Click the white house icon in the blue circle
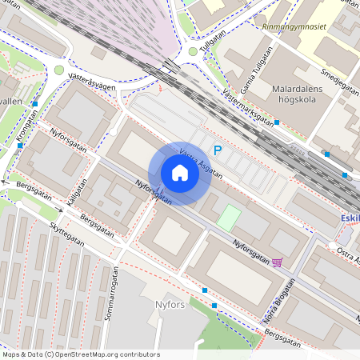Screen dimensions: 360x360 coord(179,173)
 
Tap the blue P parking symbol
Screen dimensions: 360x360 coord(217,150)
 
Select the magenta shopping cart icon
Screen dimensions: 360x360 coord(277,262)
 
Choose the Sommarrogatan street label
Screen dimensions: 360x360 coord(112,294)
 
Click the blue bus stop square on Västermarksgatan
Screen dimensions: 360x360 coord(277,122)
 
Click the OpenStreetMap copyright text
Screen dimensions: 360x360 coord(81,354)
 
